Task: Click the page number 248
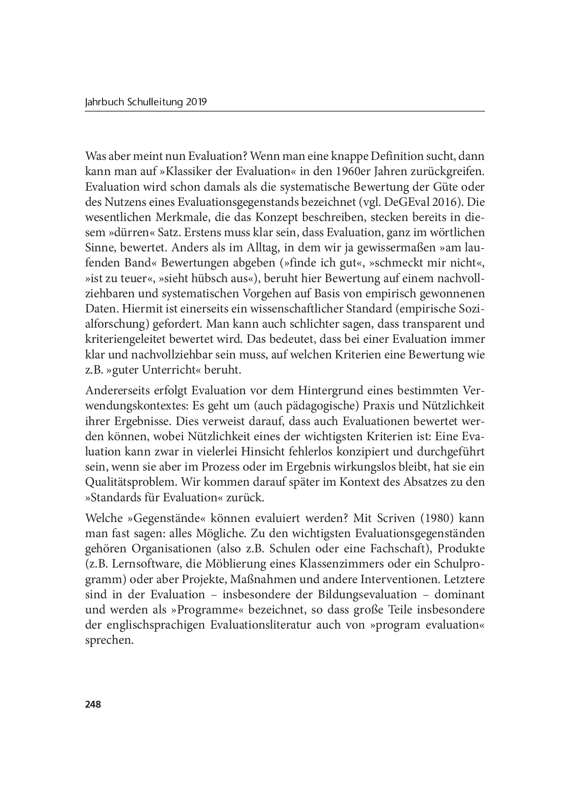point(93,704)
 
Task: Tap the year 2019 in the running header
point(197,102)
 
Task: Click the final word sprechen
point(109,640)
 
